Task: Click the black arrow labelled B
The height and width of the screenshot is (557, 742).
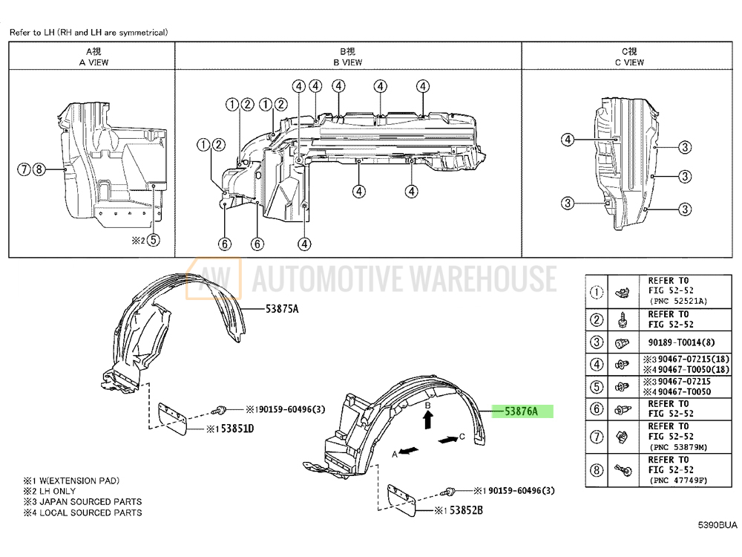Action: pyautogui.click(x=427, y=421)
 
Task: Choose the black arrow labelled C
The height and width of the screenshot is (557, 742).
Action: pyautogui.click(x=447, y=440)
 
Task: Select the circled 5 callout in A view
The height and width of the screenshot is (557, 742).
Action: pyautogui.click(x=152, y=240)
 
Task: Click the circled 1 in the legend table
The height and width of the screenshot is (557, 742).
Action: pyautogui.click(x=597, y=292)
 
